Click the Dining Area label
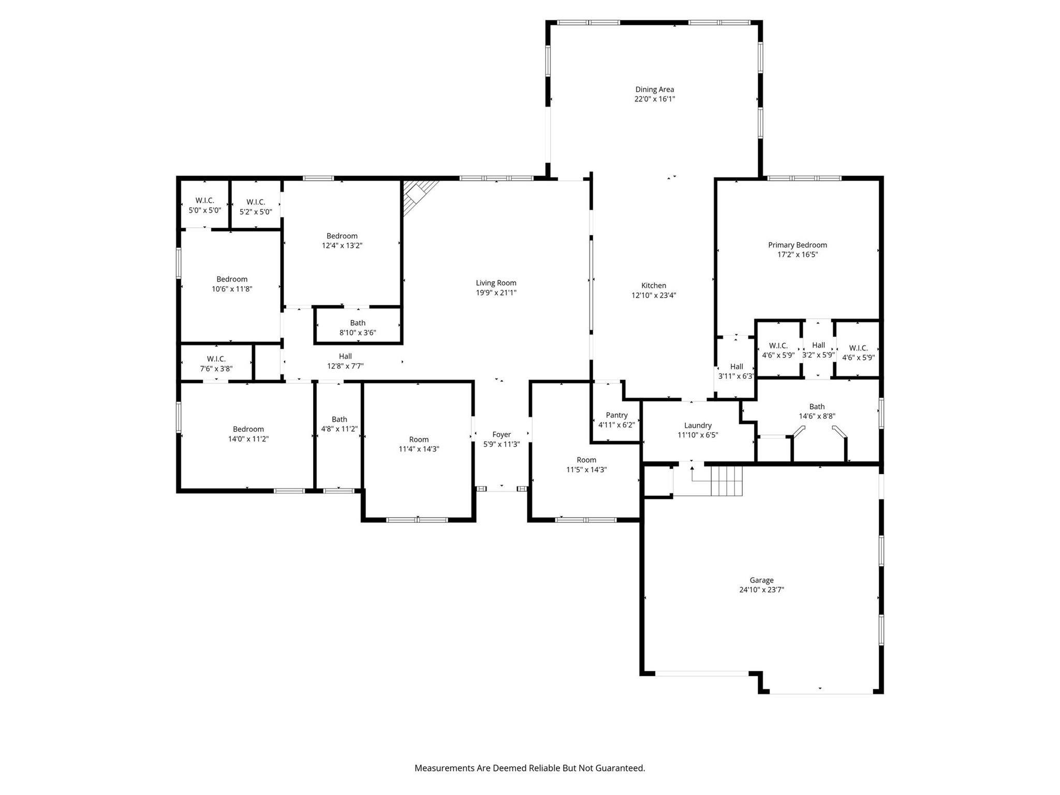pos(654,90)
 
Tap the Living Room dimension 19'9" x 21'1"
pos(496,293)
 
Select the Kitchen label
pos(653,286)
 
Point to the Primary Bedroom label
pos(797,245)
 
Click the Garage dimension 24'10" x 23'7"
pos(761,590)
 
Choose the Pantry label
pos(616,415)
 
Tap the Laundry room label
pos(698,425)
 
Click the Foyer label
pos(501,435)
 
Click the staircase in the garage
pos(726,481)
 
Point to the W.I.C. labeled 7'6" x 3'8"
pos(216,364)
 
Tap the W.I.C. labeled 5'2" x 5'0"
pos(256,207)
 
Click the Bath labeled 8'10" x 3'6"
pos(358,328)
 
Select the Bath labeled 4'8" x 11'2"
pos(339,424)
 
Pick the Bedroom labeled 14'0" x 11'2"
pos(248,434)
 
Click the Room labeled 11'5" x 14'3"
pos(586,465)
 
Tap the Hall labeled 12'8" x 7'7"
pos(345,361)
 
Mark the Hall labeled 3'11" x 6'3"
pos(736,371)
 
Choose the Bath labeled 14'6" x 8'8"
pos(817,411)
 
